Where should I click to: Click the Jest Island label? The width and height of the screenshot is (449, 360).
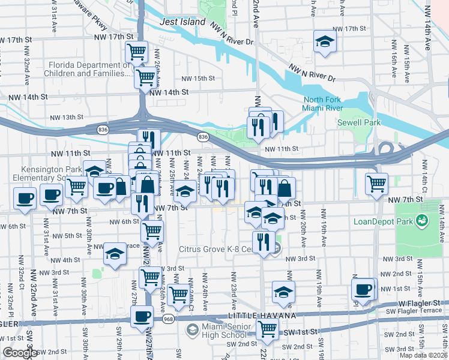183,22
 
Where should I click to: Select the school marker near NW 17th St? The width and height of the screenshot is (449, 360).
325,41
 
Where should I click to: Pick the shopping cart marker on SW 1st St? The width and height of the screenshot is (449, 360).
267,328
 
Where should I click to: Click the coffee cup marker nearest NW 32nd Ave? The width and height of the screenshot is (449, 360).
25,198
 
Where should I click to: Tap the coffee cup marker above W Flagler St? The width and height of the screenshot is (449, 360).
363,289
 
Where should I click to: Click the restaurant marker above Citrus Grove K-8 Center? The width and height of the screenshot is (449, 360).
263,242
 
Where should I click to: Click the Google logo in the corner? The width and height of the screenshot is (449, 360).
19,353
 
